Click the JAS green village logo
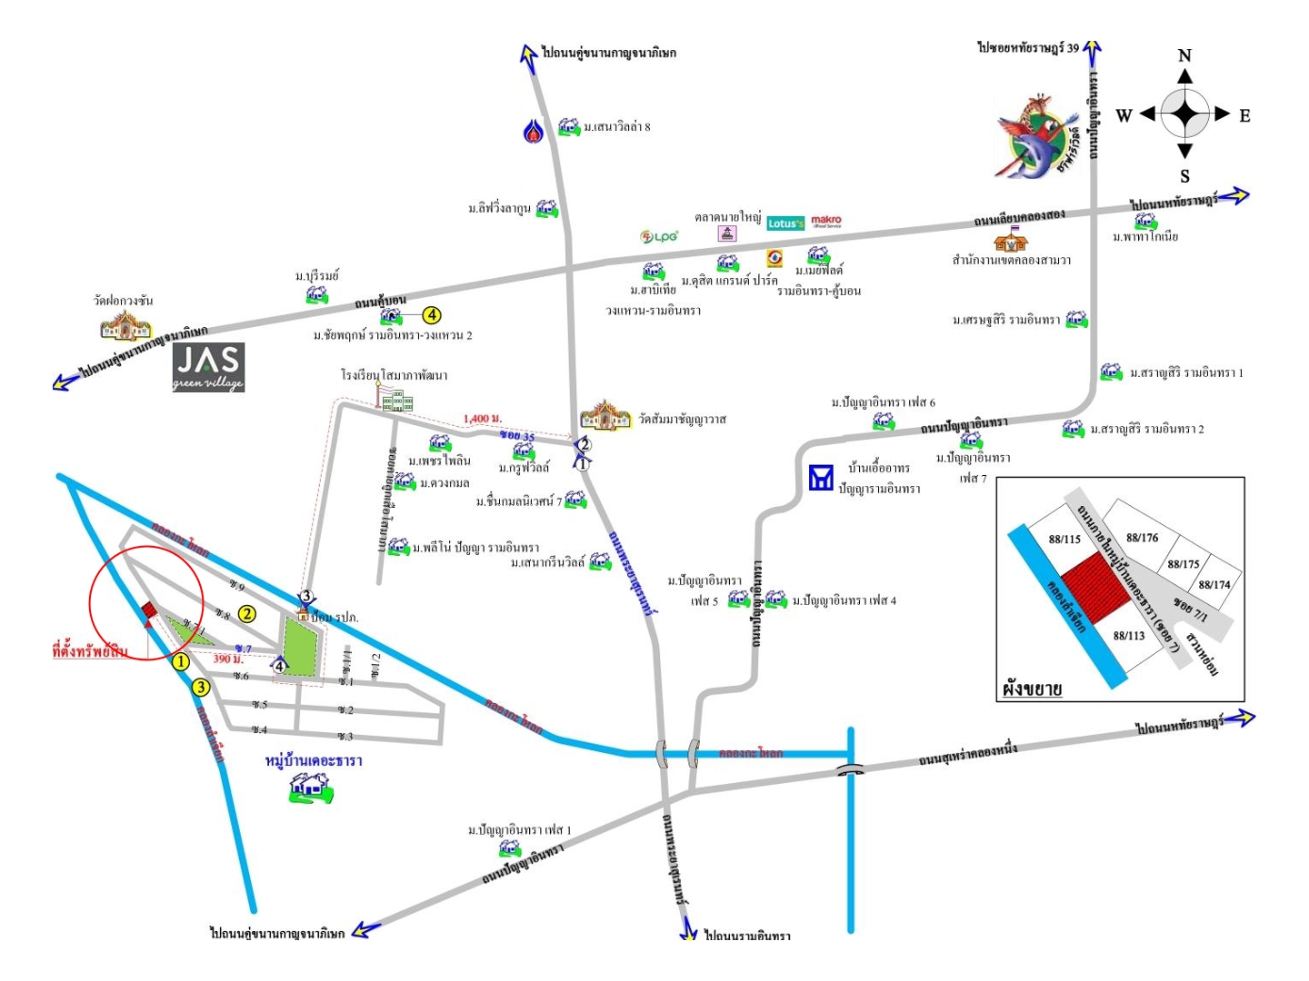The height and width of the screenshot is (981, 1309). (x=208, y=367)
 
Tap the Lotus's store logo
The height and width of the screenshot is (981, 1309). (x=785, y=223)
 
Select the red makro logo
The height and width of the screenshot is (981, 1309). (x=826, y=221)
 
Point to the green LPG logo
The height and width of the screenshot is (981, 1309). (x=659, y=237)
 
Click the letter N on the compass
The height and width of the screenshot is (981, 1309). (x=1184, y=56)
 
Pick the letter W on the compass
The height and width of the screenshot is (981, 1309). (x=1124, y=115)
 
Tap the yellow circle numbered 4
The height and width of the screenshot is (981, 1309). (x=432, y=315)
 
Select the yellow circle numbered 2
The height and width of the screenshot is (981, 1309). (x=246, y=614)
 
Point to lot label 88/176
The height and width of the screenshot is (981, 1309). (x=1143, y=538)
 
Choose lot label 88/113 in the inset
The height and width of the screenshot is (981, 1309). (x=1129, y=636)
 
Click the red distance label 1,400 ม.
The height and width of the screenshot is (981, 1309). (x=482, y=419)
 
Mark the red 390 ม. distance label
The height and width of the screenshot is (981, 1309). (x=228, y=659)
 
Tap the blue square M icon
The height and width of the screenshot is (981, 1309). (x=821, y=478)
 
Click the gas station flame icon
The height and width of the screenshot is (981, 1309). (x=534, y=131)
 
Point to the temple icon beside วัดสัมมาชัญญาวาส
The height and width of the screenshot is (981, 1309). (x=605, y=415)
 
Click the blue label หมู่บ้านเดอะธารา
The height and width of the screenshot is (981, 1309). (x=314, y=760)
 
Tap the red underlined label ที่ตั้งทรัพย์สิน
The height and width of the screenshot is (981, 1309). (x=89, y=650)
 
